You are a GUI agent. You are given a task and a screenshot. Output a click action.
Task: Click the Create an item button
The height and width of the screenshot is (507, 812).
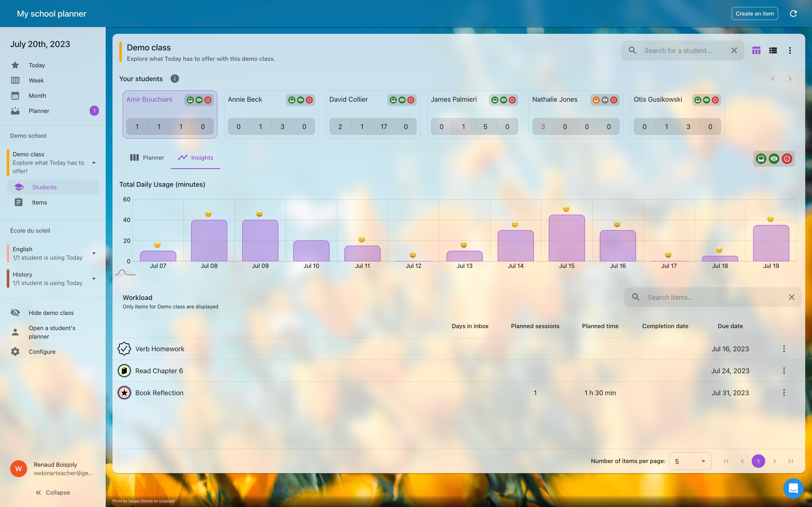click(x=754, y=14)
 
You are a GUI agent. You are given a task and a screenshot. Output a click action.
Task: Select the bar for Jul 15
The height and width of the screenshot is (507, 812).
click(x=566, y=238)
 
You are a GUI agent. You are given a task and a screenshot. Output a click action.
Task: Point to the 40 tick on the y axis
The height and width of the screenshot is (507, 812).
click(x=127, y=220)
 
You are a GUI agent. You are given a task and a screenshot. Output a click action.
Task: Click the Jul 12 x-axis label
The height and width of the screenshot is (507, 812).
click(x=413, y=266)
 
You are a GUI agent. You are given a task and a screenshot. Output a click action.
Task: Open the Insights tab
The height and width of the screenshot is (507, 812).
click(x=196, y=158)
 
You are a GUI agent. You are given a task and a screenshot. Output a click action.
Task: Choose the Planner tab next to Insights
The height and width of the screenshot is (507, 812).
click(x=147, y=158)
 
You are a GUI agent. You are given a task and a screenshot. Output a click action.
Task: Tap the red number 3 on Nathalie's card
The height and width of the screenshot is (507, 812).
click(x=543, y=127)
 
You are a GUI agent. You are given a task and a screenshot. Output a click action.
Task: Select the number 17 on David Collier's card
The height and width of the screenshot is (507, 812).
click(x=383, y=127)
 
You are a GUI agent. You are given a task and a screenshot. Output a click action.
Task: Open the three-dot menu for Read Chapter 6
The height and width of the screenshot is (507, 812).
click(x=784, y=370)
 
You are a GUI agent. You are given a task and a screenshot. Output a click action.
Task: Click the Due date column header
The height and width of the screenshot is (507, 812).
click(x=730, y=326)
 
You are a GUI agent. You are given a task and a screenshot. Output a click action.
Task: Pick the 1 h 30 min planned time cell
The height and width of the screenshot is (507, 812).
click(x=600, y=393)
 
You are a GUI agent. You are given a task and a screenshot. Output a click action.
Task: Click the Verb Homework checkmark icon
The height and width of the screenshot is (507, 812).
click(x=124, y=349)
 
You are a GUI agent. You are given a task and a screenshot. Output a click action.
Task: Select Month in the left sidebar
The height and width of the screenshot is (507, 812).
click(x=37, y=95)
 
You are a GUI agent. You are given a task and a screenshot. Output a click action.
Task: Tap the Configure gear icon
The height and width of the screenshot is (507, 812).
click(x=15, y=352)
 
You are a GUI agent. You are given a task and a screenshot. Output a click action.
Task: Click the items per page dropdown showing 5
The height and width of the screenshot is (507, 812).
click(x=690, y=461)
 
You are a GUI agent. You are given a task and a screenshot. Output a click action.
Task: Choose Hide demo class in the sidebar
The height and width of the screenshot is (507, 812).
click(x=51, y=313)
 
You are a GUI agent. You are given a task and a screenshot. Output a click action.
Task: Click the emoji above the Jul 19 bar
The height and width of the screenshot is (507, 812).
click(x=770, y=219)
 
